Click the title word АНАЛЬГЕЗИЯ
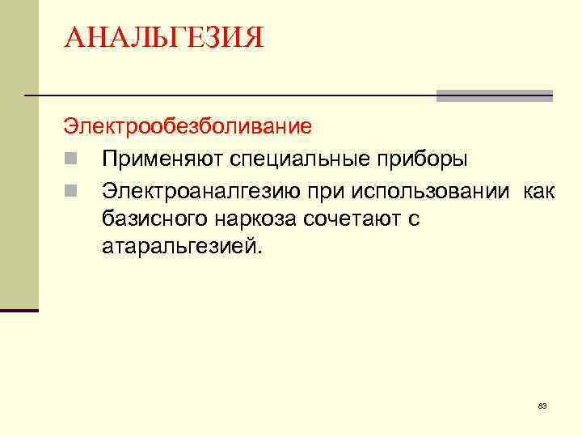click(x=164, y=38)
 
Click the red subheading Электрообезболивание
click(x=188, y=127)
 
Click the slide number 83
click(x=542, y=405)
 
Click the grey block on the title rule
click(x=494, y=95)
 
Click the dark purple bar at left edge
click(x=19, y=310)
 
